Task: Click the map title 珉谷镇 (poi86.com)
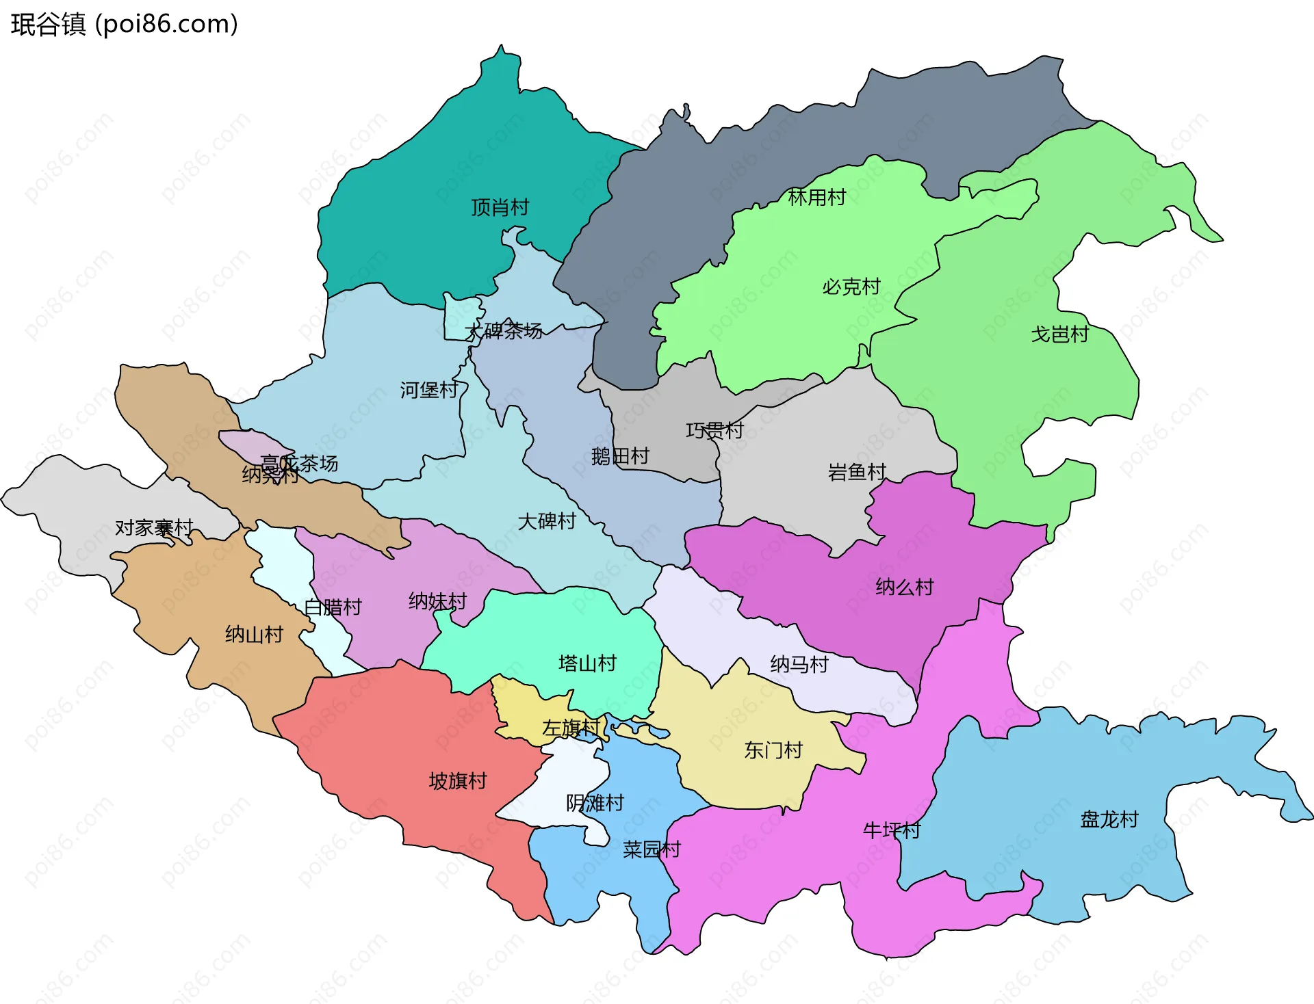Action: [x=124, y=25]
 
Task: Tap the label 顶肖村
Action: [x=500, y=207]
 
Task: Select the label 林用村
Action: [x=816, y=198]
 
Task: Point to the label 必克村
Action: [x=851, y=287]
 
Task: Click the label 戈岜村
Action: [x=1059, y=334]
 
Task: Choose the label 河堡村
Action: [x=429, y=390]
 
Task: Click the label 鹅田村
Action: [x=620, y=456]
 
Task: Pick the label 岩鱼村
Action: [x=857, y=472]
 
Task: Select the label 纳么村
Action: [x=904, y=587]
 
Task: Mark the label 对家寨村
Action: [x=154, y=528]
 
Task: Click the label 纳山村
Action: [x=254, y=635]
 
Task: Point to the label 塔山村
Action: [x=587, y=663]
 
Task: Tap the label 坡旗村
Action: [x=457, y=781]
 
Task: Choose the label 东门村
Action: [x=773, y=750]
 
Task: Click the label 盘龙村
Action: [x=1109, y=819]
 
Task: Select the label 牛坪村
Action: [x=891, y=830]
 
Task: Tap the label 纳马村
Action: [x=799, y=664]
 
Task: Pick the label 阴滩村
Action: [x=595, y=803]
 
